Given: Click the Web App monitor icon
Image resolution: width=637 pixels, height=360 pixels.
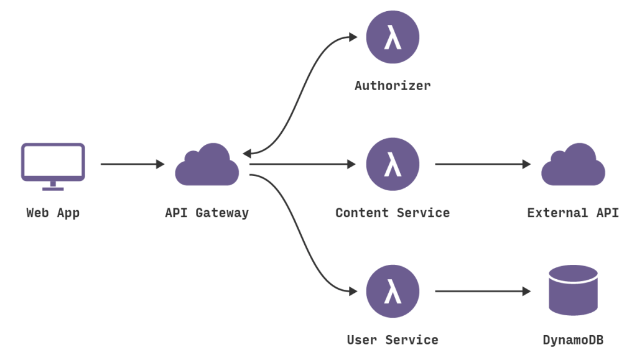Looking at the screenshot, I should [53, 162].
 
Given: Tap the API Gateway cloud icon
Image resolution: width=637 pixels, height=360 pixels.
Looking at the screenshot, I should [207, 166].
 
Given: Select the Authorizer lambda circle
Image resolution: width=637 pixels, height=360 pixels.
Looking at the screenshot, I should [393, 37].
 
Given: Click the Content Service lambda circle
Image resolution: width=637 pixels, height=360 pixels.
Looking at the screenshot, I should [393, 164].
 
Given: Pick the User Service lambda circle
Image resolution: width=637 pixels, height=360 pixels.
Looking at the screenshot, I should [393, 291].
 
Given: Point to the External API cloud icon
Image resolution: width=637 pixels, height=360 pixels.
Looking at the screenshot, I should [573, 166].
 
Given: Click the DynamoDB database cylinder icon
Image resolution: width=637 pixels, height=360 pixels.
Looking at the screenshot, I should [573, 290].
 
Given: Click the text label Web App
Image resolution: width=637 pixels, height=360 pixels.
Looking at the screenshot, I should [53, 213].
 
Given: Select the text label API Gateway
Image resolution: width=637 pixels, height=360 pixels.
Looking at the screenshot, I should [207, 213].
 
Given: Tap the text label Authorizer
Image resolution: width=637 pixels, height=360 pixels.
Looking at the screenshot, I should [393, 86].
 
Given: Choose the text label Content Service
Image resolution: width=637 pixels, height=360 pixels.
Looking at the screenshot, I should [393, 213].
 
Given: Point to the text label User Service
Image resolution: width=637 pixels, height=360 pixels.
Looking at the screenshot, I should [393, 340].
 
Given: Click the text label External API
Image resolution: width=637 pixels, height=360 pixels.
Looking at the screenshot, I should [573, 213].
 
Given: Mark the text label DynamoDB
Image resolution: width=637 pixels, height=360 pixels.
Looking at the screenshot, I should [573, 340].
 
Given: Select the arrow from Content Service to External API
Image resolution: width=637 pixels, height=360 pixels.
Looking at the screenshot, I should [482, 164].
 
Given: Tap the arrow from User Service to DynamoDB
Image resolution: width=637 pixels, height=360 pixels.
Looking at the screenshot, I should [482, 291].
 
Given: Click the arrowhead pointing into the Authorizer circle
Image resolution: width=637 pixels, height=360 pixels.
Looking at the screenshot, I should [353, 37].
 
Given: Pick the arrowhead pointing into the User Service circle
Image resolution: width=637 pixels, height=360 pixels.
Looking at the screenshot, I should [353, 291].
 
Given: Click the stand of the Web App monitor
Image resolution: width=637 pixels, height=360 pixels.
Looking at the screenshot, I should [53, 186].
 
